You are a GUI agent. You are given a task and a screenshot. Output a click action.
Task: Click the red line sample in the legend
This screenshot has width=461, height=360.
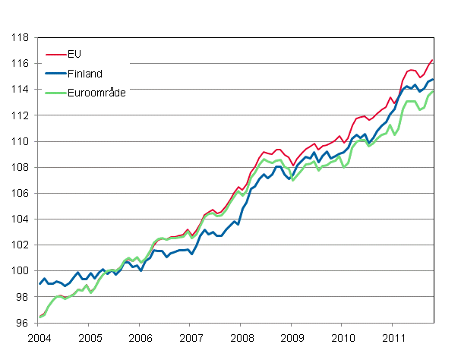(x=55, y=55)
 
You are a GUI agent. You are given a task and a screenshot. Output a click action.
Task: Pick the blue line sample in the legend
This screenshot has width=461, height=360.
(x=55, y=73)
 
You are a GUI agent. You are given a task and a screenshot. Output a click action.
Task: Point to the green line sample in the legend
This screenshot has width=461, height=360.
(x=55, y=92)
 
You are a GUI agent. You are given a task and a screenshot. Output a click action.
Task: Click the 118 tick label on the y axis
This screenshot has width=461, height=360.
(x=21, y=37)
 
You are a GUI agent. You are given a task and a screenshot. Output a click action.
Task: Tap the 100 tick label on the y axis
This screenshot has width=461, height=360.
(x=21, y=271)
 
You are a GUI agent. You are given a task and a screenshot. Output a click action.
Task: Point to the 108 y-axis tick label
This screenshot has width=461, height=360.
(x=21, y=167)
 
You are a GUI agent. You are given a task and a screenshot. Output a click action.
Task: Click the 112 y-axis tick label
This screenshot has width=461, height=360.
(x=21, y=115)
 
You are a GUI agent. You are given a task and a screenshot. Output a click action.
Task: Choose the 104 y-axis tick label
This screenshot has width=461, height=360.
(x=21, y=219)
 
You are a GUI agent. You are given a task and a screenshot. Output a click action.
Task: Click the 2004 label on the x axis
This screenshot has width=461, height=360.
(x=39, y=336)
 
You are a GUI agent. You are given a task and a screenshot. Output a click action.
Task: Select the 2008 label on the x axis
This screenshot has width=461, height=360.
(x=242, y=336)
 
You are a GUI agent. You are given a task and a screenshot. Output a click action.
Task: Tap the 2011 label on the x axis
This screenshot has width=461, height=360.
(x=393, y=336)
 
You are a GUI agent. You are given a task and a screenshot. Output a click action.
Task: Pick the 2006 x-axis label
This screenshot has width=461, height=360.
(x=141, y=336)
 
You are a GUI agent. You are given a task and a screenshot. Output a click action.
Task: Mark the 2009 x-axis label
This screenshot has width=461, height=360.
(x=292, y=336)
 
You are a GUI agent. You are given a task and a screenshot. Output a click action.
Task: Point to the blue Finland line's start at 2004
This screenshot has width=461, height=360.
(x=39, y=284)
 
